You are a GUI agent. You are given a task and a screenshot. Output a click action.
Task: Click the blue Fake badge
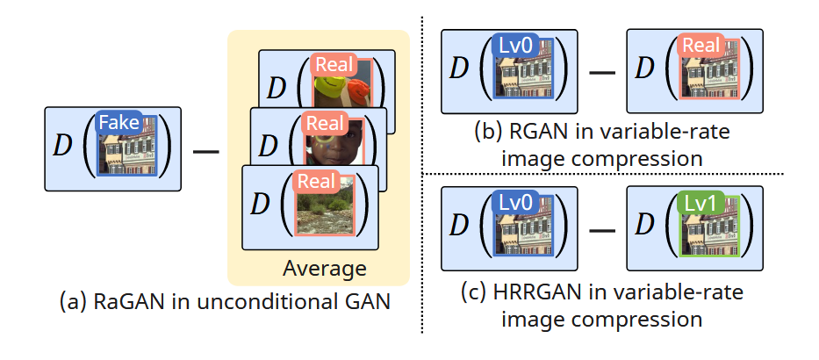(119, 123)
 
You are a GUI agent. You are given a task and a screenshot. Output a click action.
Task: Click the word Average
(324, 268)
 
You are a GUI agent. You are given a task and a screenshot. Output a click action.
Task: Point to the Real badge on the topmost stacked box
(334, 65)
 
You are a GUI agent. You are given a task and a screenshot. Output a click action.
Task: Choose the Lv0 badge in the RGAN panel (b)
(516, 47)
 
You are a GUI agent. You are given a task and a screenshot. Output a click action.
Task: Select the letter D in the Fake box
(62, 148)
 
